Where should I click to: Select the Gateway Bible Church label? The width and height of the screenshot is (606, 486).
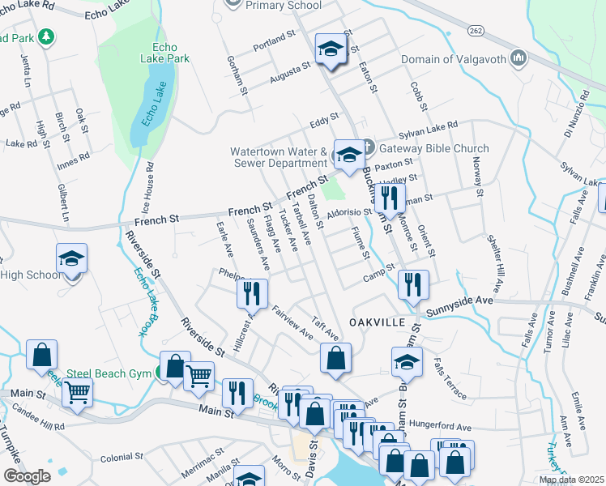pyautogui.click(x=433, y=148)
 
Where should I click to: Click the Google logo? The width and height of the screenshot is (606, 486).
pyautogui.click(x=27, y=476)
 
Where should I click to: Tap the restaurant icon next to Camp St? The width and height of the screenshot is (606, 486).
pyautogui.click(x=413, y=284)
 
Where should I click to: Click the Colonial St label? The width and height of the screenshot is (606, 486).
pyautogui.click(x=121, y=458)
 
